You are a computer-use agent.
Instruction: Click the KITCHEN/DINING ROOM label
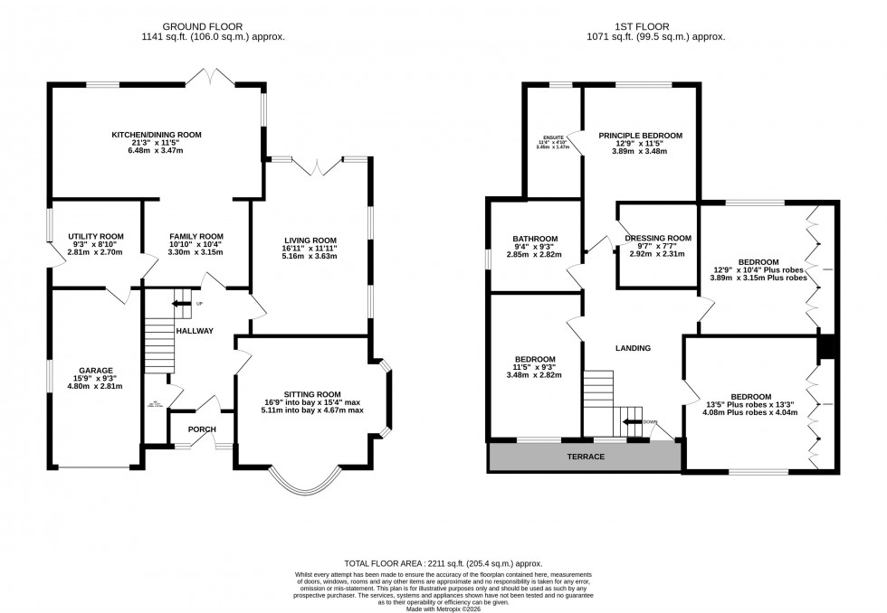[156, 135]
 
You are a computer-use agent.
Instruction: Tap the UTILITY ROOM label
[96, 236]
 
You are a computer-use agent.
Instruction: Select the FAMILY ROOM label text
[196, 236]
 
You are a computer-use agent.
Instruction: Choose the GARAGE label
[95, 370]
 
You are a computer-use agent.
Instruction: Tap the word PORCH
[202, 429]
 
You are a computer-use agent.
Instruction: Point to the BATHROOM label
[535, 240]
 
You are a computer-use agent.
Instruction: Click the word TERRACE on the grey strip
[585, 457]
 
